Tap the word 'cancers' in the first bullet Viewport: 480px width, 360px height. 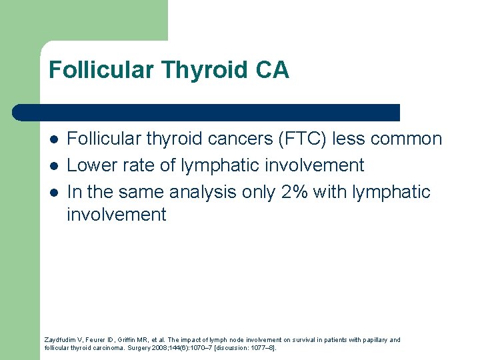tap(221, 139)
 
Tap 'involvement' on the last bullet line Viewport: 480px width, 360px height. tap(117, 215)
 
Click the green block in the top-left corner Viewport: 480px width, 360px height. tap(83, 20)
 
